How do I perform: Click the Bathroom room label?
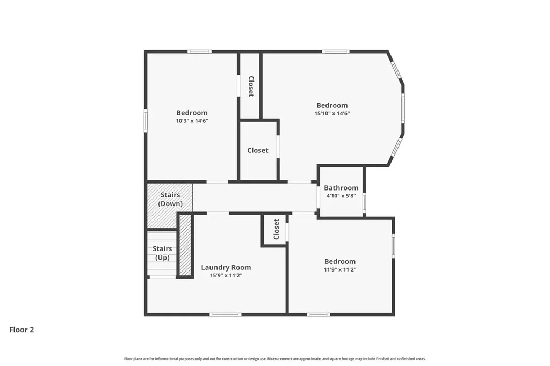(x=341, y=188)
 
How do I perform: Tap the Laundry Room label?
(x=226, y=267)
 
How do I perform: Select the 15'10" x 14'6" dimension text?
(x=332, y=113)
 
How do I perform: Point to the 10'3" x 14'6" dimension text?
(x=192, y=121)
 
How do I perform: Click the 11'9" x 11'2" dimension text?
(x=340, y=269)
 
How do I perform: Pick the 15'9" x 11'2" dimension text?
(x=226, y=275)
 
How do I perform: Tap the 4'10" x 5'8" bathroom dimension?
(x=341, y=196)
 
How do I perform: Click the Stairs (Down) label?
(x=170, y=199)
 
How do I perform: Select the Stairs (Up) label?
(x=162, y=253)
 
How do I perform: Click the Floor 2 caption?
(x=21, y=330)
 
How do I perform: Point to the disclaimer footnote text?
(x=274, y=358)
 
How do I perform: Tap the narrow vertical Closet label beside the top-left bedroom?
(x=251, y=86)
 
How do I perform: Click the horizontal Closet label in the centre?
(x=257, y=150)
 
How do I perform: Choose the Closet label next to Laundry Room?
(x=276, y=229)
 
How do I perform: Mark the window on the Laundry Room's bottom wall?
(x=226, y=314)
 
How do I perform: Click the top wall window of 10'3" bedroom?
(x=199, y=52)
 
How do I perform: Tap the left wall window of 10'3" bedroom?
(x=146, y=121)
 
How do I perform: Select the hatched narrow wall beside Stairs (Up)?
(x=185, y=245)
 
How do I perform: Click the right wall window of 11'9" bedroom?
(x=393, y=246)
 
